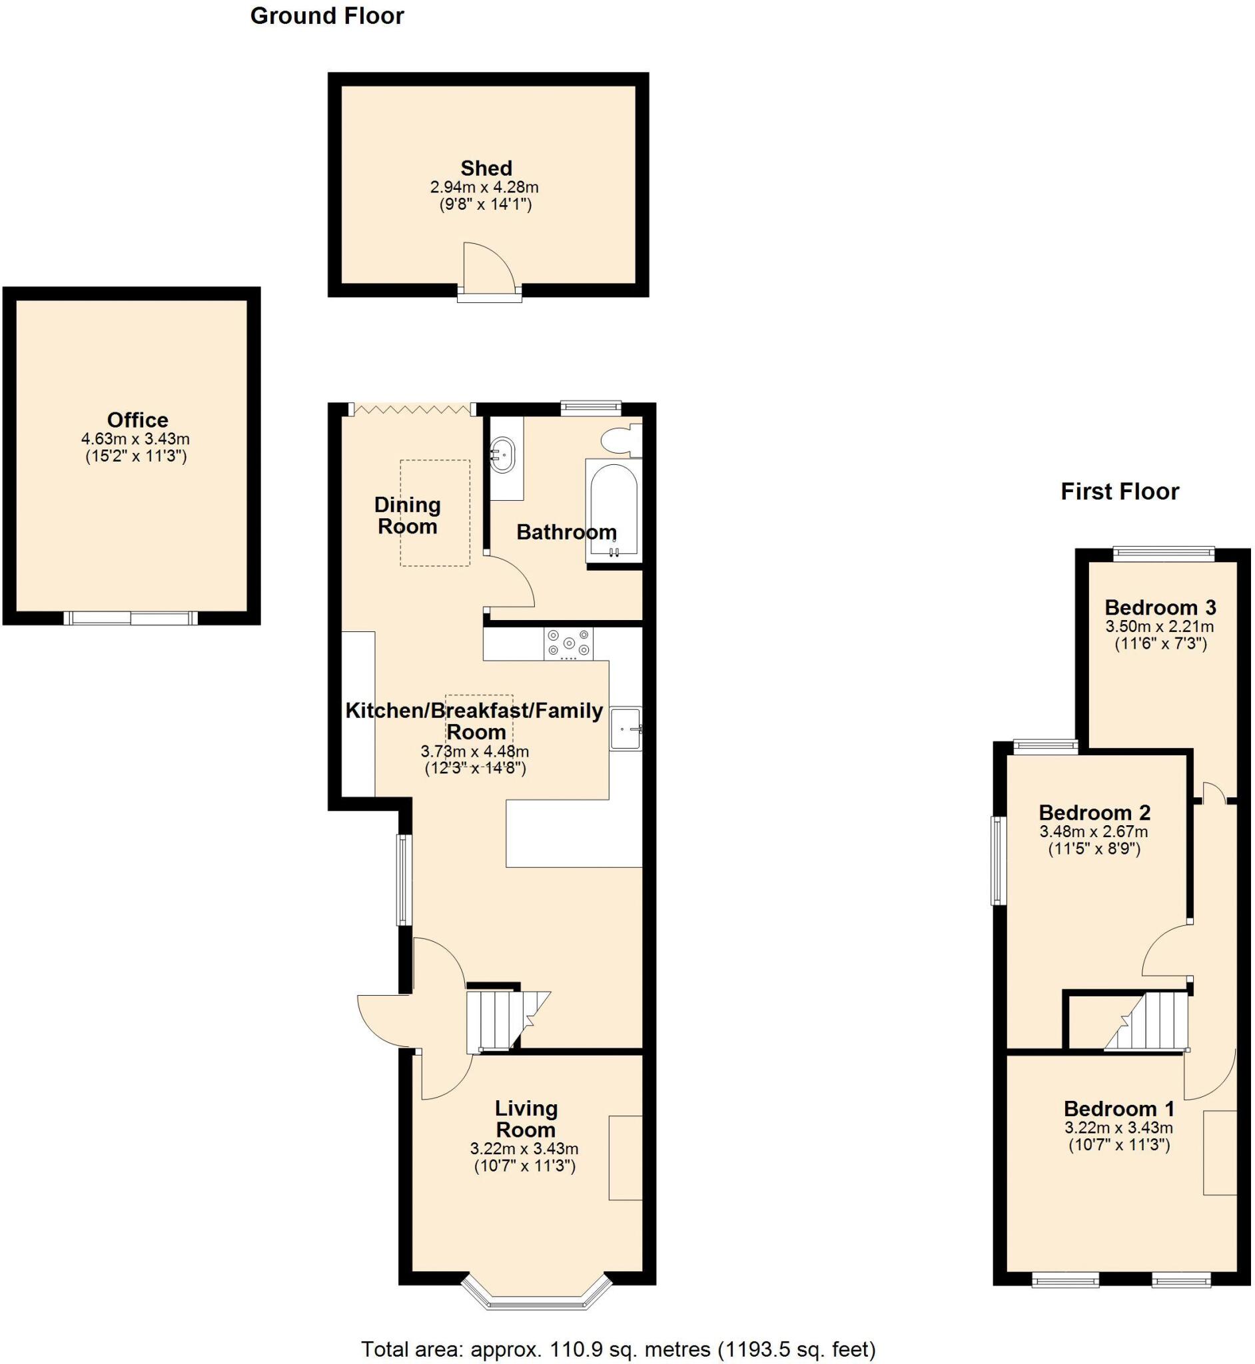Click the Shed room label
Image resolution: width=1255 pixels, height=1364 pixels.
tap(486, 168)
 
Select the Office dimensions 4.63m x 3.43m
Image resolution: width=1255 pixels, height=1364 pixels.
tap(135, 439)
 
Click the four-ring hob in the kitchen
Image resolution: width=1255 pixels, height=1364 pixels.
tap(568, 643)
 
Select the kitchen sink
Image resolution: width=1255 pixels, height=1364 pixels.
tap(625, 729)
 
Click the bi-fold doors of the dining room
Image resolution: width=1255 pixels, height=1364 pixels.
tap(412, 410)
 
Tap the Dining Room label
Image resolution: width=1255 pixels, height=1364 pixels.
tap(408, 515)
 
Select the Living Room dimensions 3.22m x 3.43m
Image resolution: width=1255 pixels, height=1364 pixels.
tap(524, 1149)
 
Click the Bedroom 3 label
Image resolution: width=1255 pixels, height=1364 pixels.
tap(1160, 607)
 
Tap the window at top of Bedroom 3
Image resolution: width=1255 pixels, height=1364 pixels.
tap(1163, 554)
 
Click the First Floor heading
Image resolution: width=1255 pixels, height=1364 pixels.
tap(1120, 491)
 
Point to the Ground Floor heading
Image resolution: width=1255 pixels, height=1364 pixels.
tap(326, 15)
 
